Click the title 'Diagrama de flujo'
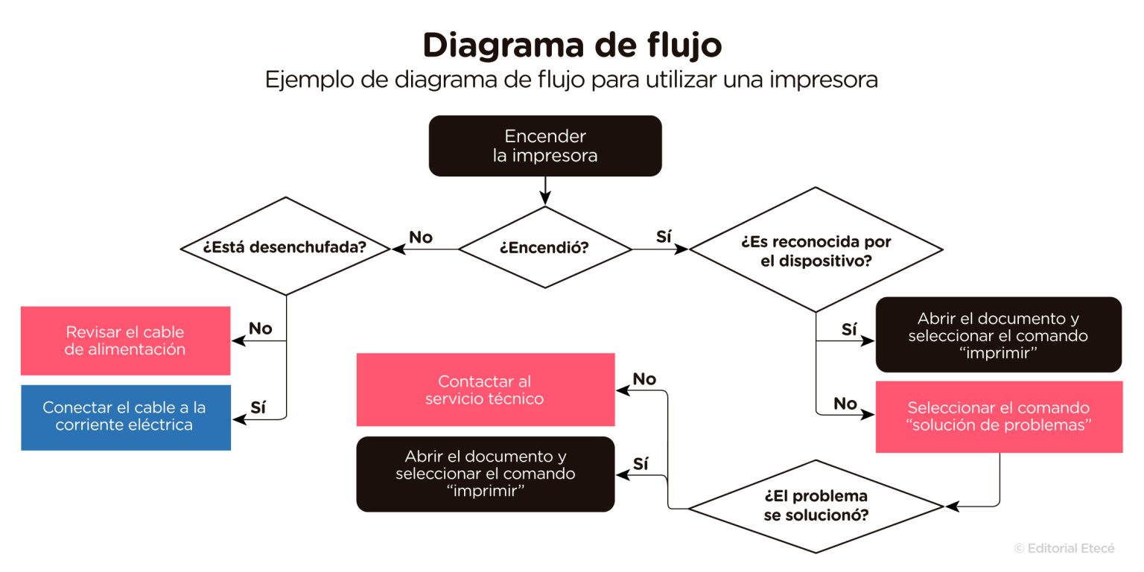point(572,45)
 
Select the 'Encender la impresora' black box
point(545,146)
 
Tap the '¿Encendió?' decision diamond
point(544,248)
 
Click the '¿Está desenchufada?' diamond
point(286,247)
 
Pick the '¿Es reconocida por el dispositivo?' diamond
point(816,252)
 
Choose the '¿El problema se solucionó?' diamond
point(816,506)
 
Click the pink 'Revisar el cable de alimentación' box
point(125,340)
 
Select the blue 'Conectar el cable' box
point(125,417)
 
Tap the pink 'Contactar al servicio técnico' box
point(485,390)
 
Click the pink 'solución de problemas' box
point(999,417)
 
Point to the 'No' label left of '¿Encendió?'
point(421,238)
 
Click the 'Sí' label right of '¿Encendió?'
point(663,238)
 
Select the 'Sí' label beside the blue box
point(258,407)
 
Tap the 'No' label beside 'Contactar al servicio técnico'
point(644,379)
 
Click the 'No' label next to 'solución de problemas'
point(845,404)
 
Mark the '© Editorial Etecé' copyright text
point(1064,548)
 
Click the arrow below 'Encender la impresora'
point(545,191)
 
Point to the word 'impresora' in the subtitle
point(824,80)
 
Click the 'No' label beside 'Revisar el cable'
point(260,328)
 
